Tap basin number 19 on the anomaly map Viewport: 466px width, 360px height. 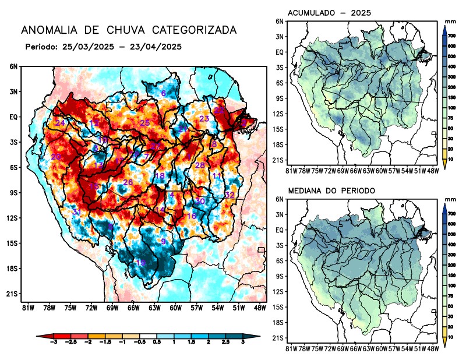[140, 263]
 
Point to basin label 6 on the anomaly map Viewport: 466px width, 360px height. [163, 93]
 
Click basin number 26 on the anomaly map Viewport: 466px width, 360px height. [128, 182]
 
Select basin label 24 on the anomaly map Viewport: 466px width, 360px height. [59, 123]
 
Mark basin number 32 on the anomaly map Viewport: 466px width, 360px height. [230, 195]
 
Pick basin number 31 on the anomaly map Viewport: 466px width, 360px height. [76, 213]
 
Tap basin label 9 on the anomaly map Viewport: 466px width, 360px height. [164, 241]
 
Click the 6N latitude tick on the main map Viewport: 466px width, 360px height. [13, 66]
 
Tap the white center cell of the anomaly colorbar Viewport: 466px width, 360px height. [148, 337]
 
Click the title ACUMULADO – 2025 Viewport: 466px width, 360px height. [330, 13]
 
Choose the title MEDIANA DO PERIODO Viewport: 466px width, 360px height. [331, 190]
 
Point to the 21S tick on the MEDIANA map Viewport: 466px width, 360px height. [277, 338]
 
